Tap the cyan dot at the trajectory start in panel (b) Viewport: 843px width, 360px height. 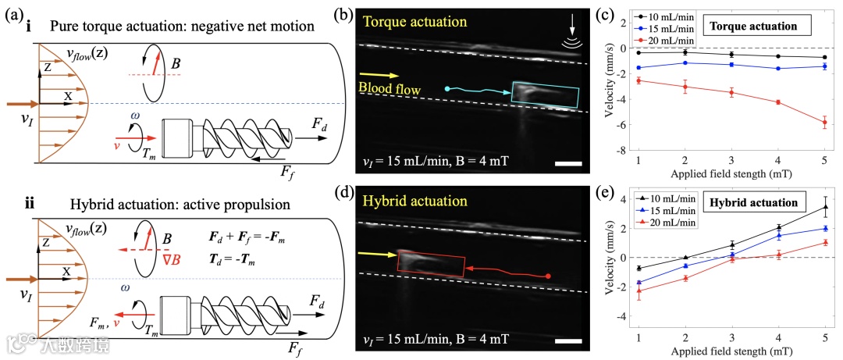pos(447,89)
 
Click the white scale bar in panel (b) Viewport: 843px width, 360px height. pos(569,165)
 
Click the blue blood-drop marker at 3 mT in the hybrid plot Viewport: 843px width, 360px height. pos(731,255)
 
